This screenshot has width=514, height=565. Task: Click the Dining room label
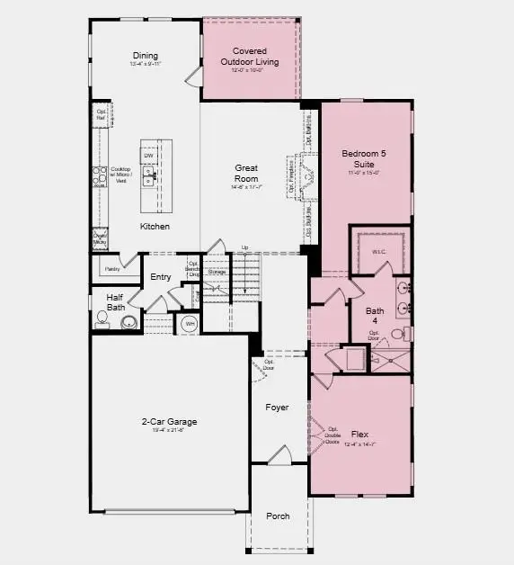pos(145,56)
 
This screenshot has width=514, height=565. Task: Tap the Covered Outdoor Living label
pos(250,57)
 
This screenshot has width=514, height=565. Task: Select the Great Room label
pos(246,173)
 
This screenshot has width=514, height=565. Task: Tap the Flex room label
pos(359,433)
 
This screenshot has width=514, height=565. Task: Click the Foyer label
pos(277,408)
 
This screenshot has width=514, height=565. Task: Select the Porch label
pos(278,516)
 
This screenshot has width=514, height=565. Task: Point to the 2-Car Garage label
pos(169,421)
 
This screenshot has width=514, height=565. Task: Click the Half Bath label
pos(115,302)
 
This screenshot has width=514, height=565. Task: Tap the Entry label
pos(161,277)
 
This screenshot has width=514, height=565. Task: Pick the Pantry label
pos(112,268)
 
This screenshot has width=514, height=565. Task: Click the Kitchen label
pos(154,226)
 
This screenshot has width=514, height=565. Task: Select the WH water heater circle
pos(190,324)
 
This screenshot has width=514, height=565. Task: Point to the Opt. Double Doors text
pos(333,435)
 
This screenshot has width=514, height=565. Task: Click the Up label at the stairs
pos(244,247)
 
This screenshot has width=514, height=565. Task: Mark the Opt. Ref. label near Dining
pos(102,114)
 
